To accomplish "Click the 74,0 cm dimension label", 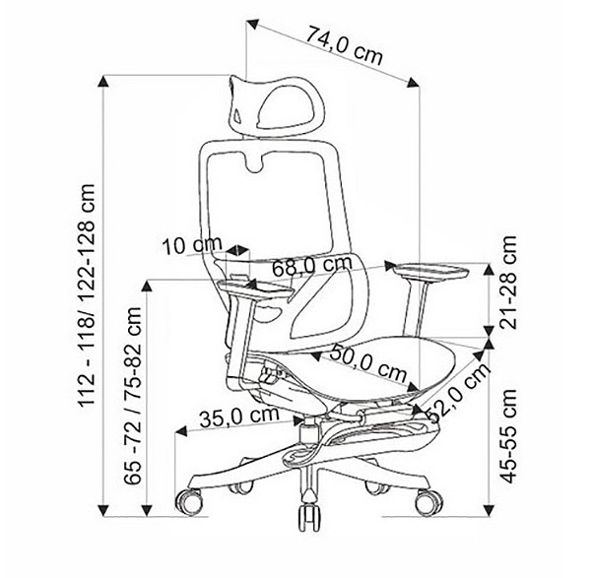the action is [344, 45].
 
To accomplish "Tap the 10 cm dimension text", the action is [192, 246].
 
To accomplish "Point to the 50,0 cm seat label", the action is [368, 362].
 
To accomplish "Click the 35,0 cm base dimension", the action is [239, 417].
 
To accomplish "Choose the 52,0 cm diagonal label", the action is [460, 392].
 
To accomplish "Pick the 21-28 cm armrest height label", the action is [506, 283].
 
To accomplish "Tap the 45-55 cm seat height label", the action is [507, 436].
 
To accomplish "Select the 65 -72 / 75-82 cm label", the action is [133, 396].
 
